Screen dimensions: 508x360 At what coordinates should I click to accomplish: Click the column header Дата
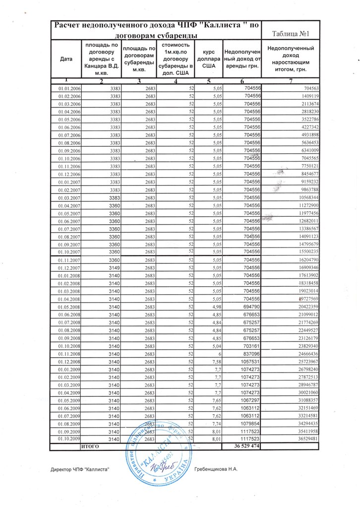coord(66,59)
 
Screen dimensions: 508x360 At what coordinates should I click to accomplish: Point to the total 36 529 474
coord(246,446)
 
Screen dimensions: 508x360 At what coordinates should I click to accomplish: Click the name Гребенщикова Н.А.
coord(217,469)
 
